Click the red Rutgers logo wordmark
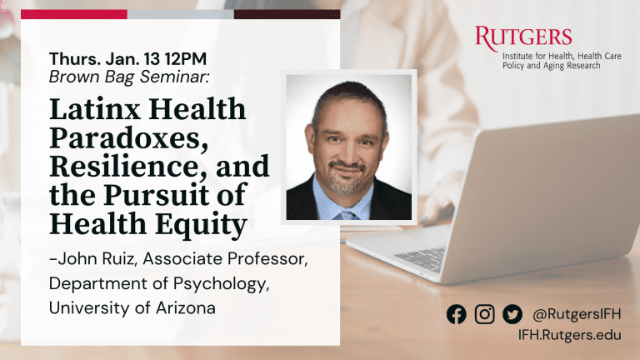tap(522, 38)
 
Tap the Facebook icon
tap(457, 314)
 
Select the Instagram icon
tap(484, 314)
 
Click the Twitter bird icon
tap(512, 314)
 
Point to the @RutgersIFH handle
tap(577, 314)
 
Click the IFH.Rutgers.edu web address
tap(570, 335)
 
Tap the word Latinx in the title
tap(96, 109)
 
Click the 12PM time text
tap(186, 59)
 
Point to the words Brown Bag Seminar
tap(128, 77)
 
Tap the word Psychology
tap(221, 284)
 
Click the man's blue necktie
tap(345, 215)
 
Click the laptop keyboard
tap(421, 258)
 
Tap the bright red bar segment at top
tap(74, 15)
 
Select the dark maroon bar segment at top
tap(287, 15)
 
